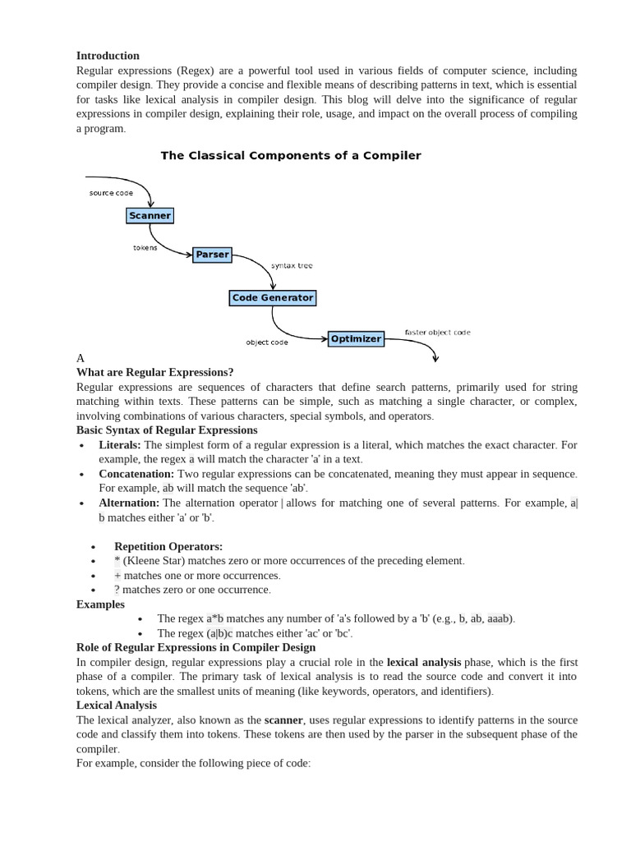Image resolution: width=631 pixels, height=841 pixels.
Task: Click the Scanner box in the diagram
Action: coord(150,216)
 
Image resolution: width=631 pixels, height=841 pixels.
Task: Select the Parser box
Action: coord(212,255)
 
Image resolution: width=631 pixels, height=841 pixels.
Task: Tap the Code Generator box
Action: coord(272,297)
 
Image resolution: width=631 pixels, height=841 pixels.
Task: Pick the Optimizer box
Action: coord(356,338)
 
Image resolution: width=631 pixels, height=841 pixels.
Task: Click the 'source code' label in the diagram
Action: coord(111,193)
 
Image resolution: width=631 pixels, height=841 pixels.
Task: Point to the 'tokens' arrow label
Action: coord(145,247)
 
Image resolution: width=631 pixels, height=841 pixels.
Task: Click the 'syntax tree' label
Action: coord(292,266)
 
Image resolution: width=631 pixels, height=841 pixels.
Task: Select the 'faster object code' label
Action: coord(437,333)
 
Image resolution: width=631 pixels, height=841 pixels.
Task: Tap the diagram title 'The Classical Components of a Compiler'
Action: coord(290,155)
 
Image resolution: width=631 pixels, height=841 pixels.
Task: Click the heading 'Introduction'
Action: coord(108,56)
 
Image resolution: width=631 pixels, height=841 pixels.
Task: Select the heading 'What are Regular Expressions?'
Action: coord(154,372)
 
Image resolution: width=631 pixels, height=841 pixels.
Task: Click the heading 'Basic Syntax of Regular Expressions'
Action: coord(167,430)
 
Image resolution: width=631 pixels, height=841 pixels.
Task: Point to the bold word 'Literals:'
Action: coord(120,444)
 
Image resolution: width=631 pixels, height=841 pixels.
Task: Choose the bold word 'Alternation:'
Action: coord(129,503)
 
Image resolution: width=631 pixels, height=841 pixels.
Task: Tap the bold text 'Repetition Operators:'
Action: coord(168,546)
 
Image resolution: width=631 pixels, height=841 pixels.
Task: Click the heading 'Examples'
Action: coord(100,604)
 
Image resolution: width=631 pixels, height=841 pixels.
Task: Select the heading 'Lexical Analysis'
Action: coord(116,705)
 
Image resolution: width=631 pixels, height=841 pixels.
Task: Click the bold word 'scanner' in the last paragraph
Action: coord(283,719)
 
